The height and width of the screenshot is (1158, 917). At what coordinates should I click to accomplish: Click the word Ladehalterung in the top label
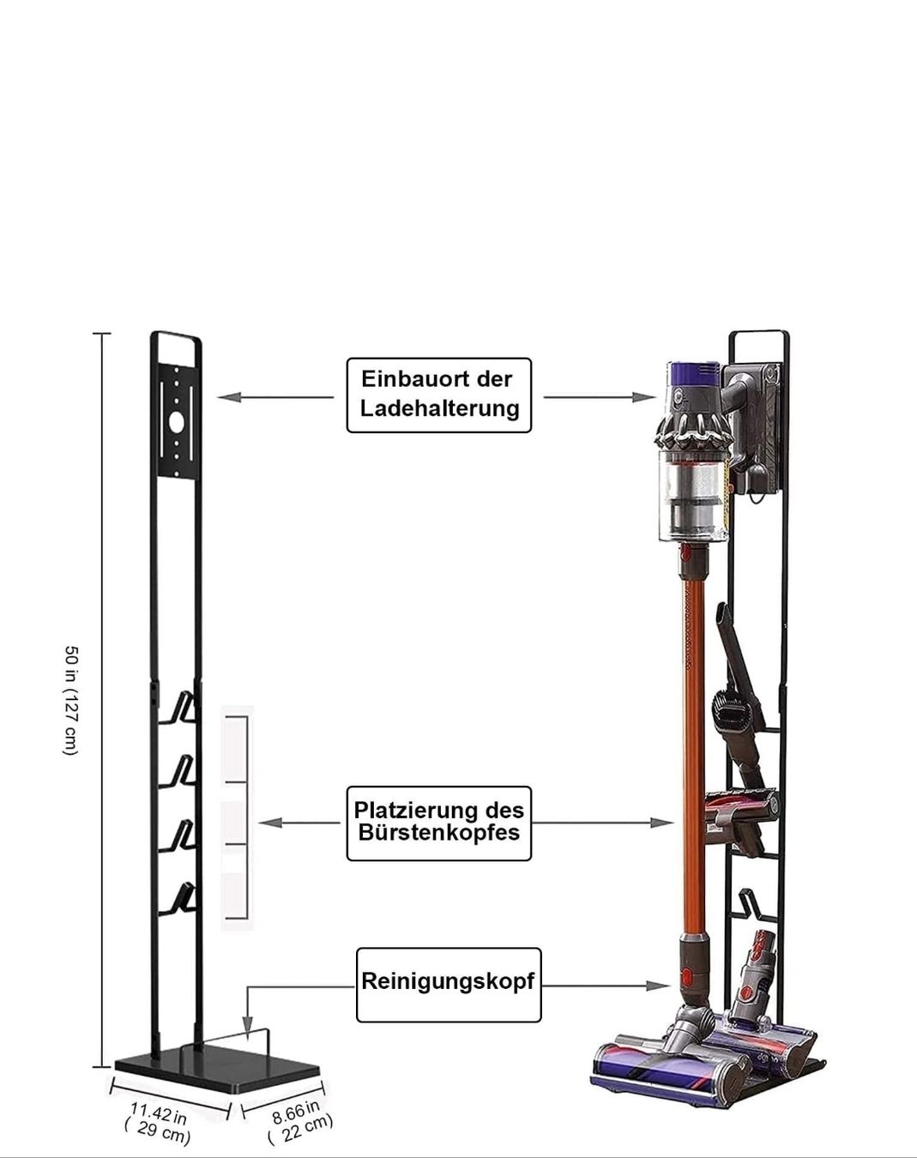click(x=440, y=408)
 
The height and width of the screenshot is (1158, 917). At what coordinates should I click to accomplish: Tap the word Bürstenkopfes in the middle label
click(x=438, y=832)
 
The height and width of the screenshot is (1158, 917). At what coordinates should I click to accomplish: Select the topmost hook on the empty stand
click(x=178, y=708)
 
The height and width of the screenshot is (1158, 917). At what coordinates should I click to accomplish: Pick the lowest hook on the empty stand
click(x=178, y=898)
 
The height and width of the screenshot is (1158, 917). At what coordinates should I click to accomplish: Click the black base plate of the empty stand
click(x=217, y=1065)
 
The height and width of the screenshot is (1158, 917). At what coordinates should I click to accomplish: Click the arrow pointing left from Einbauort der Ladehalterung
click(x=275, y=397)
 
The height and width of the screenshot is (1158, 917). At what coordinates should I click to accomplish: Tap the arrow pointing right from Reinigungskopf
click(x=606, y=986)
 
